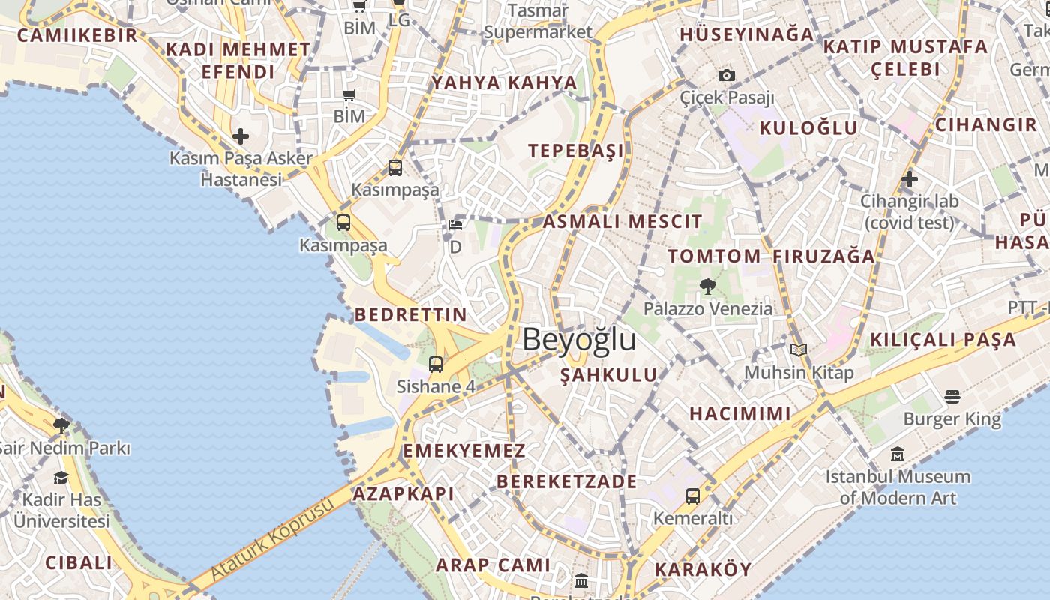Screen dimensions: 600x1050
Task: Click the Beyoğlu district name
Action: click(x=579, y=339)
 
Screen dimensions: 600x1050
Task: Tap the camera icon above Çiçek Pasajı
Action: click(x=726, y=75)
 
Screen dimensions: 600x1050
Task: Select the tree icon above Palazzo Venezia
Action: click(x=706, y=286)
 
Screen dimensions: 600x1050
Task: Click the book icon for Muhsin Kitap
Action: click(x=799, y=349)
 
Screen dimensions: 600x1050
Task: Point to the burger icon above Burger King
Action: click(x=952, y=395)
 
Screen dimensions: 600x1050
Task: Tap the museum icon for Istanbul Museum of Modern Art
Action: click(x=898, y=454)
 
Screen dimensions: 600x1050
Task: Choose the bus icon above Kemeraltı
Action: click(x=693, y=496)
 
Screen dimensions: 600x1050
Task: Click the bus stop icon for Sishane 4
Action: click(x=436, y=364)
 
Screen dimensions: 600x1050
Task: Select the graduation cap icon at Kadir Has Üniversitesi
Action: click(x=61, y=478)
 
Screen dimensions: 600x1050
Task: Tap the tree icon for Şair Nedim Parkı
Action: click(x=61, y=426)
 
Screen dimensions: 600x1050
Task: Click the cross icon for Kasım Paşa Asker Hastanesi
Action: click(x=241, y=136)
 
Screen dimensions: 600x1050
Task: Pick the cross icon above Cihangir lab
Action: click(x=910, y=179)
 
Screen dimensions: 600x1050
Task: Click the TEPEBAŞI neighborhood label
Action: click(x=576, y=151)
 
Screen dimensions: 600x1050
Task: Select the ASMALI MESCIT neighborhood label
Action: click(x=622, y=221)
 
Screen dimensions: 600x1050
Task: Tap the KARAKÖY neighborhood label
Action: click(x=703, y=569)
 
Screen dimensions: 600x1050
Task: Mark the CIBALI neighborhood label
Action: click(x=79, y=562)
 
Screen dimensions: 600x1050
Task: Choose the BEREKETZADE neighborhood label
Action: click(x=566, y=481)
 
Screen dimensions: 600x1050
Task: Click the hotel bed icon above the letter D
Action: click(x=455, y=225)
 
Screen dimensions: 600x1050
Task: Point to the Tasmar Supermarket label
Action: click(x=538, y=22)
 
